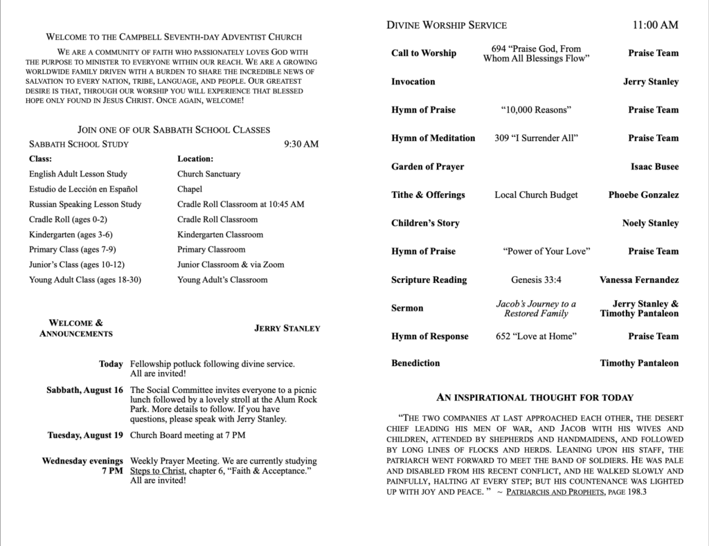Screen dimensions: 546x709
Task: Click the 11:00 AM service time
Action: tap(655, 26)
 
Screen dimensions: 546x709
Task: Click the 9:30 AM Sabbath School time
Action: tap(301, 145)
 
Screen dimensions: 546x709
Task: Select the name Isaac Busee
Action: tap(654, 167)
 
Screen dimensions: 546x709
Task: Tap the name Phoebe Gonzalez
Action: tap(643, 195)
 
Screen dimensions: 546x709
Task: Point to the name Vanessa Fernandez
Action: tap(638, 280)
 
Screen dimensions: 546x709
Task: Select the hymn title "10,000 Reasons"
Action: tap(536, 110)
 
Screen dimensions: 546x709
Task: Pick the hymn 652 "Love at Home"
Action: tap(536, 336)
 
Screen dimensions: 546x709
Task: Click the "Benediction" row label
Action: tap(415, 363)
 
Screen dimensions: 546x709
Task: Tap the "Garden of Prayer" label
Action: tap(427, 167)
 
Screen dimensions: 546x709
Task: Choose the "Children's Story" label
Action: tap(425, 224)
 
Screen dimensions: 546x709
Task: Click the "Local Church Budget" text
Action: tap(536, 195)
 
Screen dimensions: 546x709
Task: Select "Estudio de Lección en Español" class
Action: tap(83, 189)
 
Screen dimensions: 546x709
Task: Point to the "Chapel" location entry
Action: tap(190, 189)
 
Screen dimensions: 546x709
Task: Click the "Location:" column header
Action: tap(195, 159)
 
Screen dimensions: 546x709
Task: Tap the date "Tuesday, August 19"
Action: tap(85, 435)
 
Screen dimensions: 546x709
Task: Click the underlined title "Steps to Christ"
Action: tap(157, 471)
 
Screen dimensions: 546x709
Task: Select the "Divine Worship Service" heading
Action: tap(447, 26)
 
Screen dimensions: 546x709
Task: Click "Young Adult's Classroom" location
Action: tap(222, 280)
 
